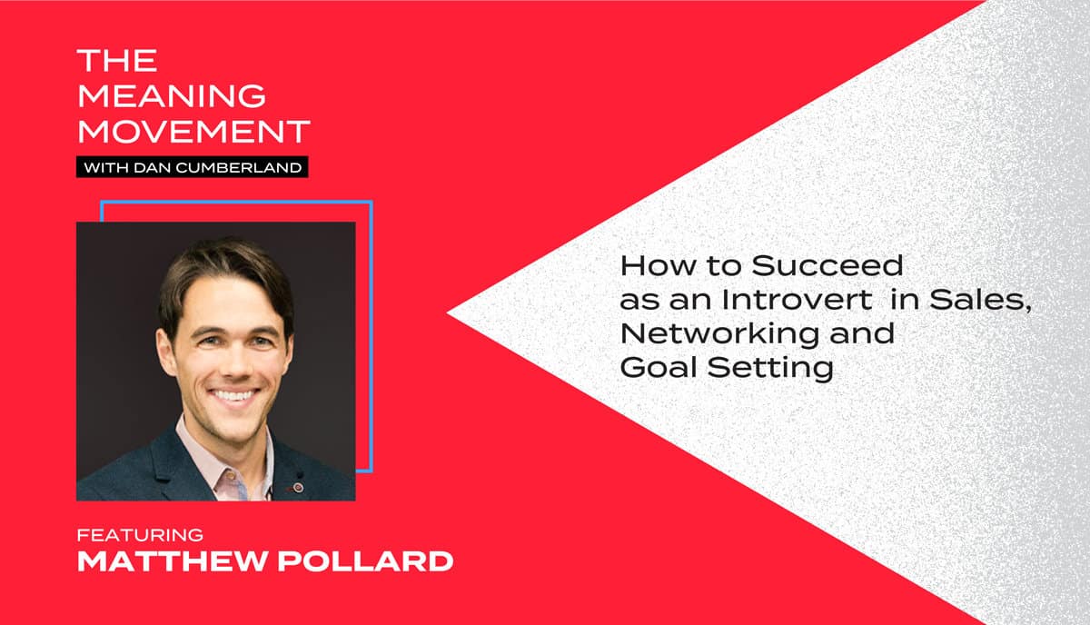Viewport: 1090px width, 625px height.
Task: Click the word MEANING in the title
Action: [172, 95]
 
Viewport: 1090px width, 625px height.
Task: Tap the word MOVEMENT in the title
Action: [193, 131]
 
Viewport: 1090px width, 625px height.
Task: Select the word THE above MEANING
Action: [117, 60]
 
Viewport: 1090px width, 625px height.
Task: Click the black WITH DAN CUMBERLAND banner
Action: [193, 167]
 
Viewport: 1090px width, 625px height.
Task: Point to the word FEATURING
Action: [140, 535]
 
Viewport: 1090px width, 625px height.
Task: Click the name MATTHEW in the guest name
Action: [173, 561]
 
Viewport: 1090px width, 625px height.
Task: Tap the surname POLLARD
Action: [365, 561]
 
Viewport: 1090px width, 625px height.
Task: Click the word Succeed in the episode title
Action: [827, 266]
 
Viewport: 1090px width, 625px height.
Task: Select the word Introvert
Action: [797, 300]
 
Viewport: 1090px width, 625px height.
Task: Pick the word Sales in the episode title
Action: [980, 301]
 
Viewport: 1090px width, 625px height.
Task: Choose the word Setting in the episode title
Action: [770, 368]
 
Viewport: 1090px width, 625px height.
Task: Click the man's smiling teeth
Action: [234, 395]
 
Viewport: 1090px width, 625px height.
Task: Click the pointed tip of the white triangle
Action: [447, 313]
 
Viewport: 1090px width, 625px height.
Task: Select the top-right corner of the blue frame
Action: [372, 202]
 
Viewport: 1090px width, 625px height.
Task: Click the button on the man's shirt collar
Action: [230, 476]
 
